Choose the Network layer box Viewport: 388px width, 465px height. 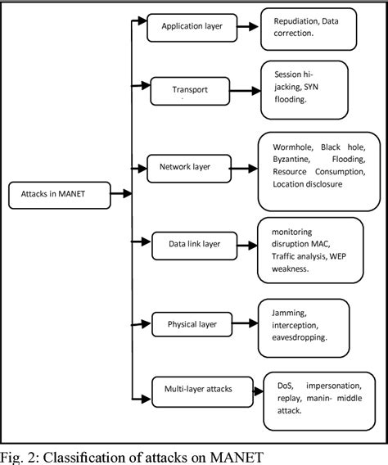[186, 167]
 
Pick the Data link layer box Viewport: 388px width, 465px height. [195, 243]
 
